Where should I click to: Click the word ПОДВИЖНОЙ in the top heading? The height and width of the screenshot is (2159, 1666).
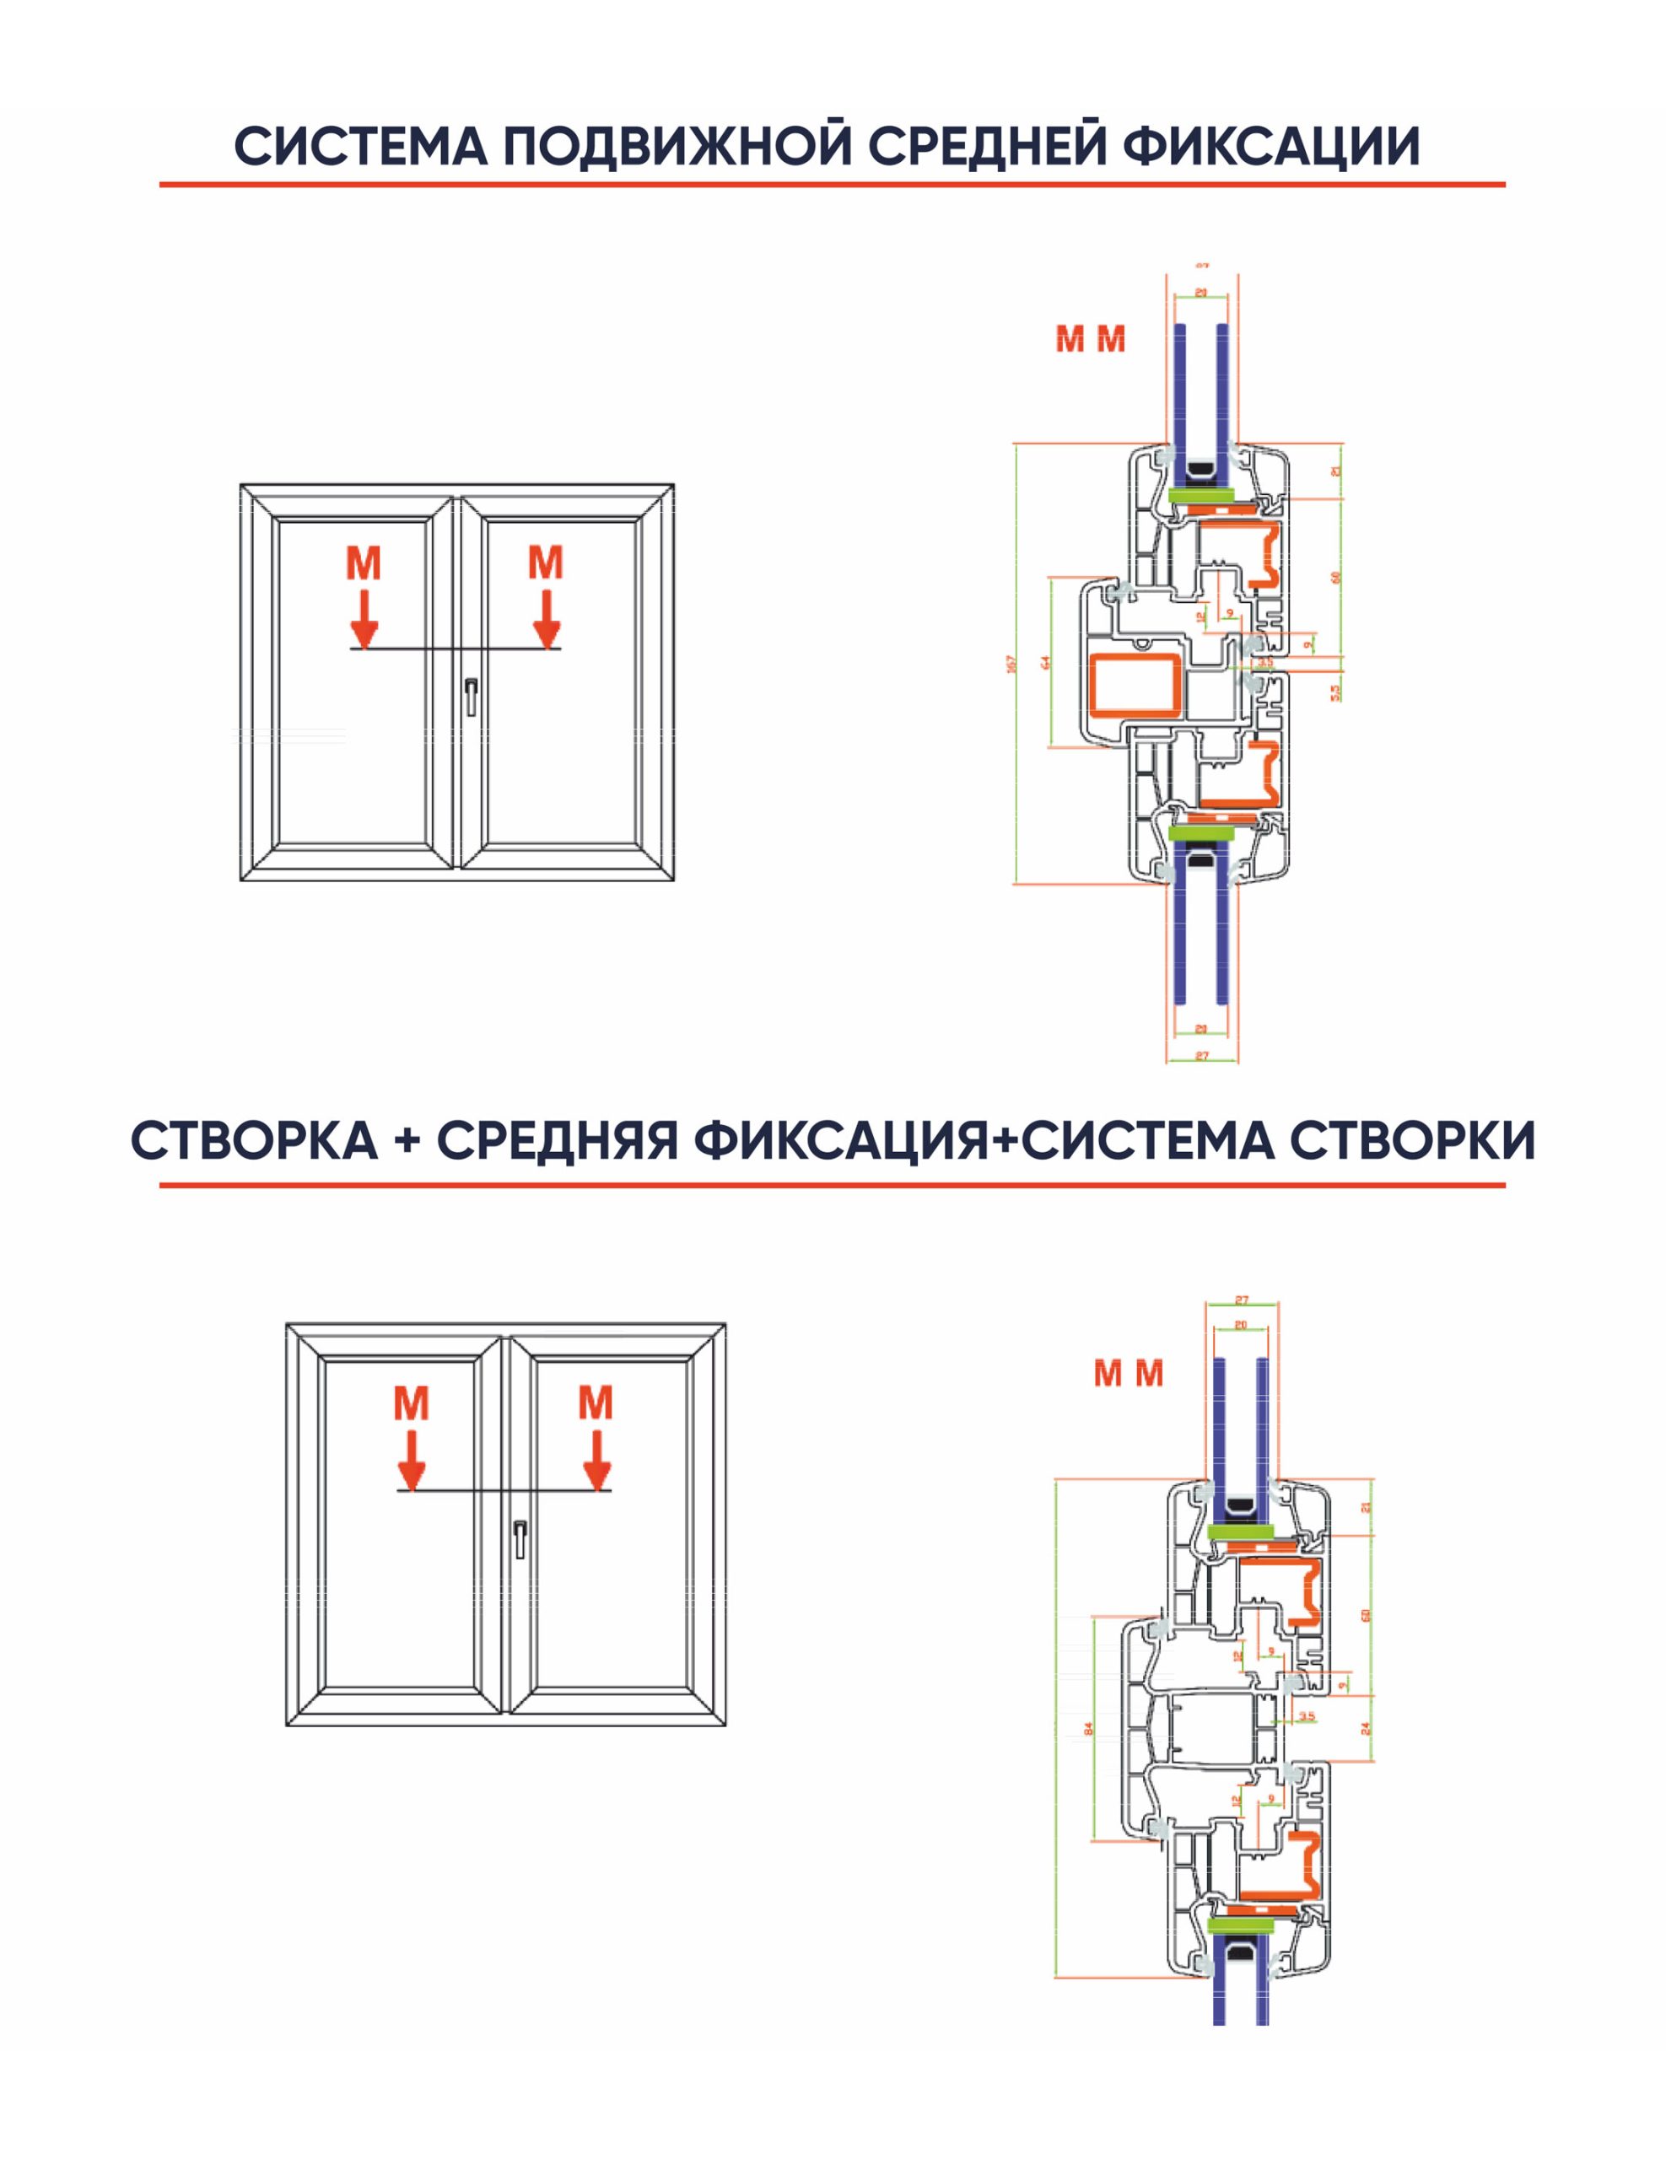coord(677,146)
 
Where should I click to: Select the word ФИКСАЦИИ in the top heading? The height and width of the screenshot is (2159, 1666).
coord(1271,146)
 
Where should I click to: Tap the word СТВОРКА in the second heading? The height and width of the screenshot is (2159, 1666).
coord(254,1141)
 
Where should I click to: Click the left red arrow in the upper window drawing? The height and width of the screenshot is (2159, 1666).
coord(364,619)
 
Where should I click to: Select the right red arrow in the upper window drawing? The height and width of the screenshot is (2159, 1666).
coord(546,619)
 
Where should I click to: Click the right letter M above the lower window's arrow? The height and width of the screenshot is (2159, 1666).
coord(596,1403)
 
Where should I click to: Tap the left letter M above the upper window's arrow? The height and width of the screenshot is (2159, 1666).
coord(363,563)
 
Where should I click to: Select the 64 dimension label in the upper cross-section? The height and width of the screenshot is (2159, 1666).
coord(1046,661)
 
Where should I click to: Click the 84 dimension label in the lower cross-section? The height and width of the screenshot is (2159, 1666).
coord(1088,1729)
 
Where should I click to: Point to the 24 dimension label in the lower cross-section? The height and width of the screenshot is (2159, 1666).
coord(1366,1728)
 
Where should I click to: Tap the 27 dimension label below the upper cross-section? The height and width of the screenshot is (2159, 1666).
coord(1201,1056)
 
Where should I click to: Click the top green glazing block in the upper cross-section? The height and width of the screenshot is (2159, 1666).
coord(1201,493)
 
